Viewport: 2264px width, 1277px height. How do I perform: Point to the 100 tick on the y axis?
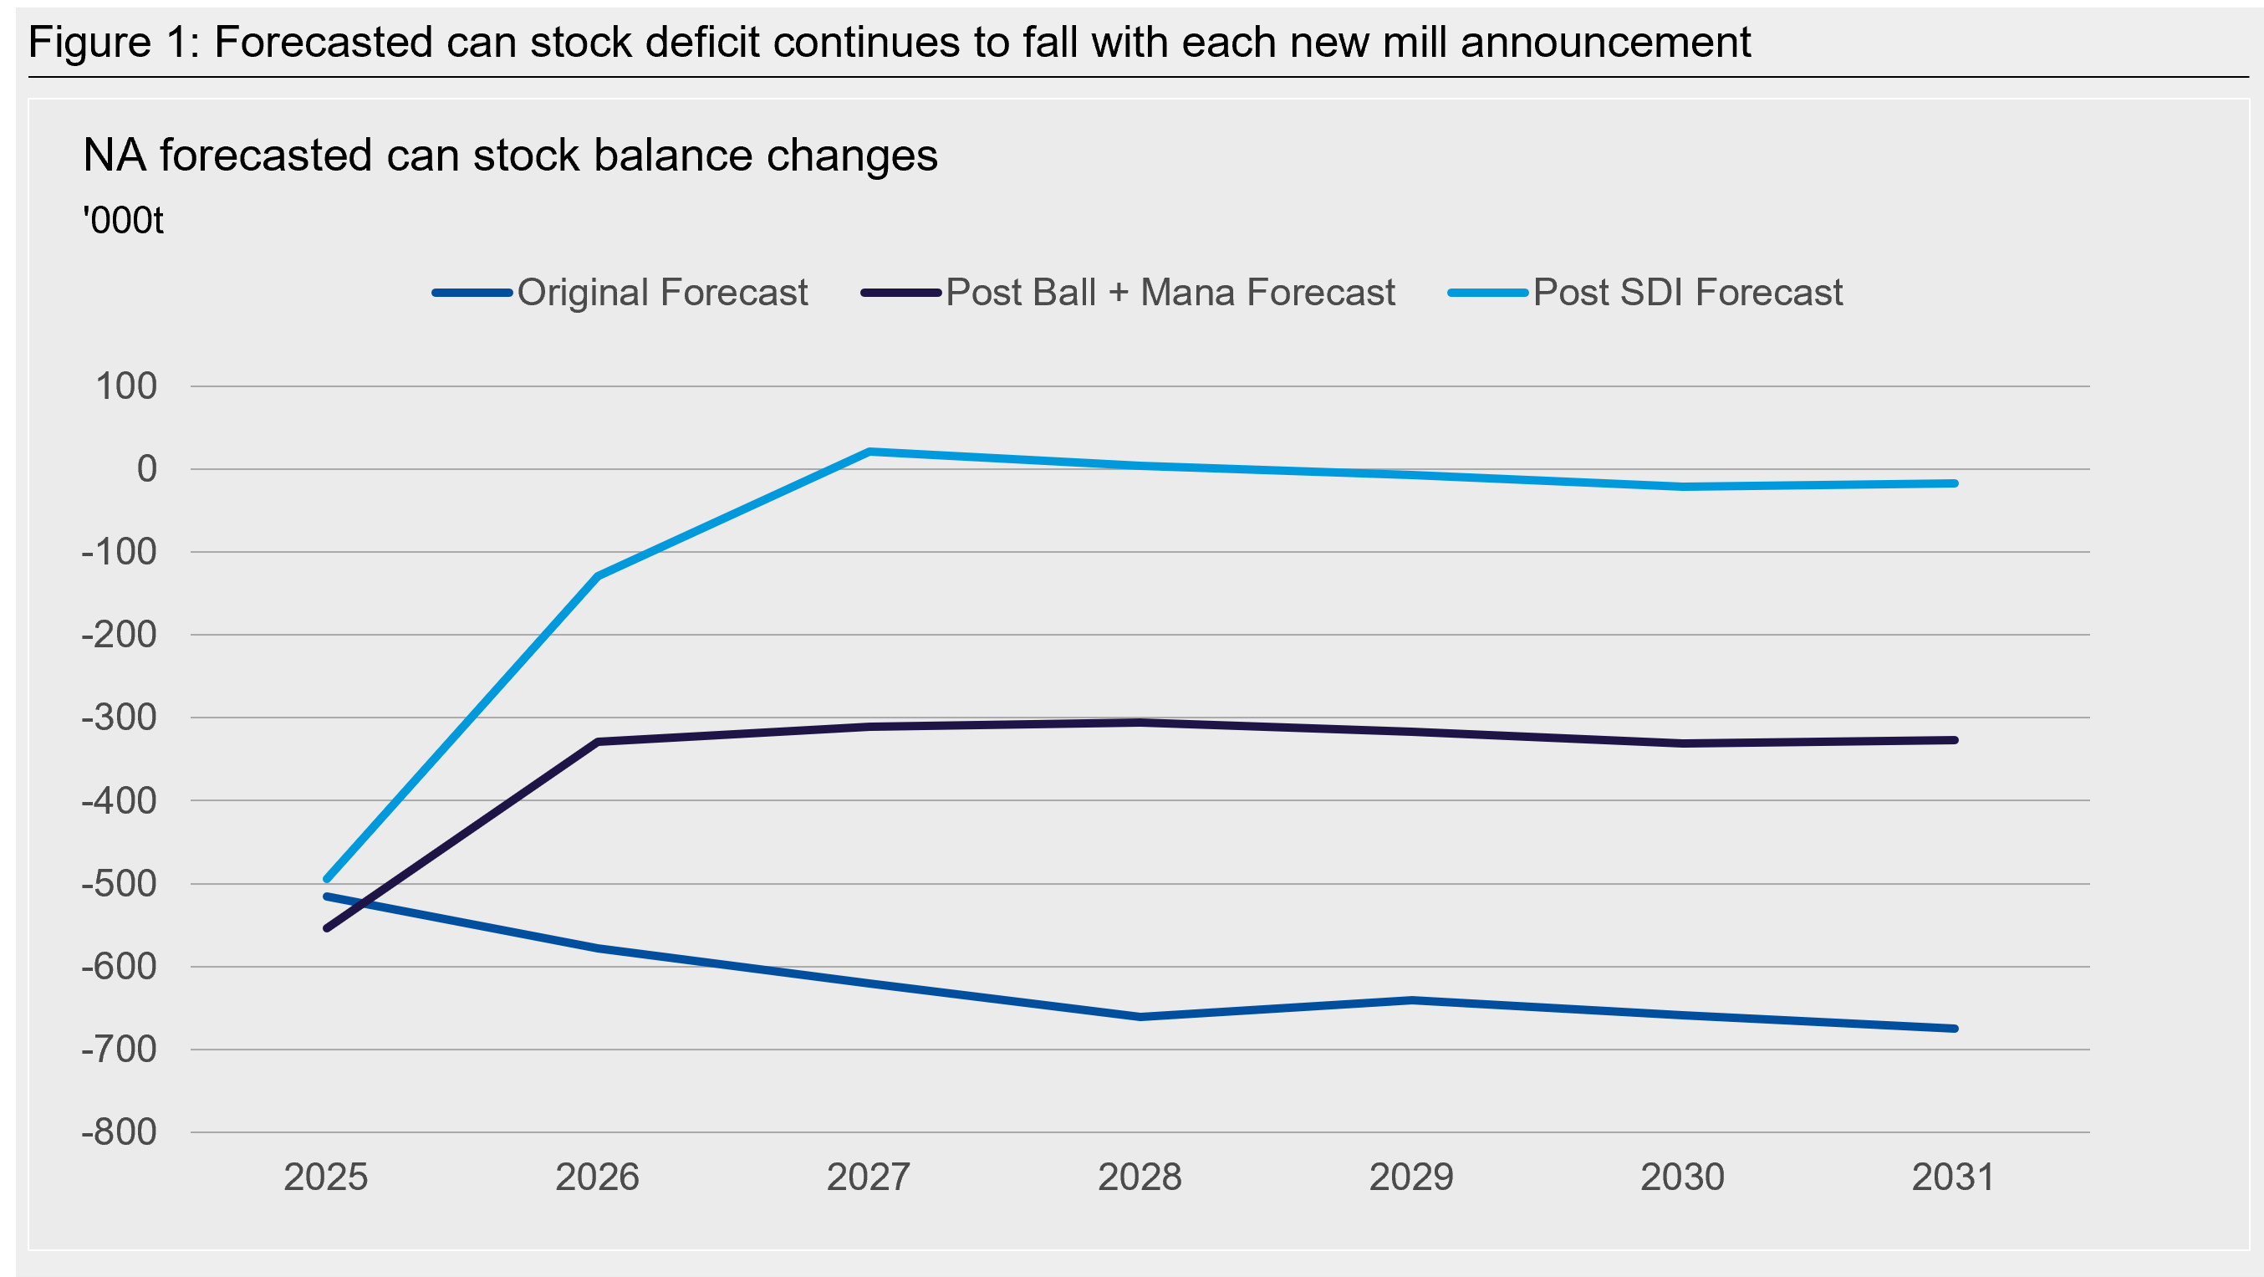point(125,386)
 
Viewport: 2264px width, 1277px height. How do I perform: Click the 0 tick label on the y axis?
point(147,469)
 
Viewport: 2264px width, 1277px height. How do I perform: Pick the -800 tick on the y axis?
point(119,1132)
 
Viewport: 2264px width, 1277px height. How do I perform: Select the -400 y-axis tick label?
point(119,800)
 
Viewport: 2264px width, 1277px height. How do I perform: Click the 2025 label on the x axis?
point(326,1177)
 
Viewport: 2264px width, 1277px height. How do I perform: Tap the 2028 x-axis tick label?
point(1140,1177)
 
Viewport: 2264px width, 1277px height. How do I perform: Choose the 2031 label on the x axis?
point(1954,1177)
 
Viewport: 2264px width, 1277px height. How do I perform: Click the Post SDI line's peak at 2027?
point(869,452)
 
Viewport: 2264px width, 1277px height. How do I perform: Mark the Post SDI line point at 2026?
point(598,576)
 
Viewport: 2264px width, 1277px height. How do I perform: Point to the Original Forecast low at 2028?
point(1140,1017)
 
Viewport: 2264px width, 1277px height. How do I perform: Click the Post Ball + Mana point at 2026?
point(598,742)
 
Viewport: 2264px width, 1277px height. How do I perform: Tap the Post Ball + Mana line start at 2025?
point(327,928)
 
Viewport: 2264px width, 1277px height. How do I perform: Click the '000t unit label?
point(123,221)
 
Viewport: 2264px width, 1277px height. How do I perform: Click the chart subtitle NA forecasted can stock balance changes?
point(510,156)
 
